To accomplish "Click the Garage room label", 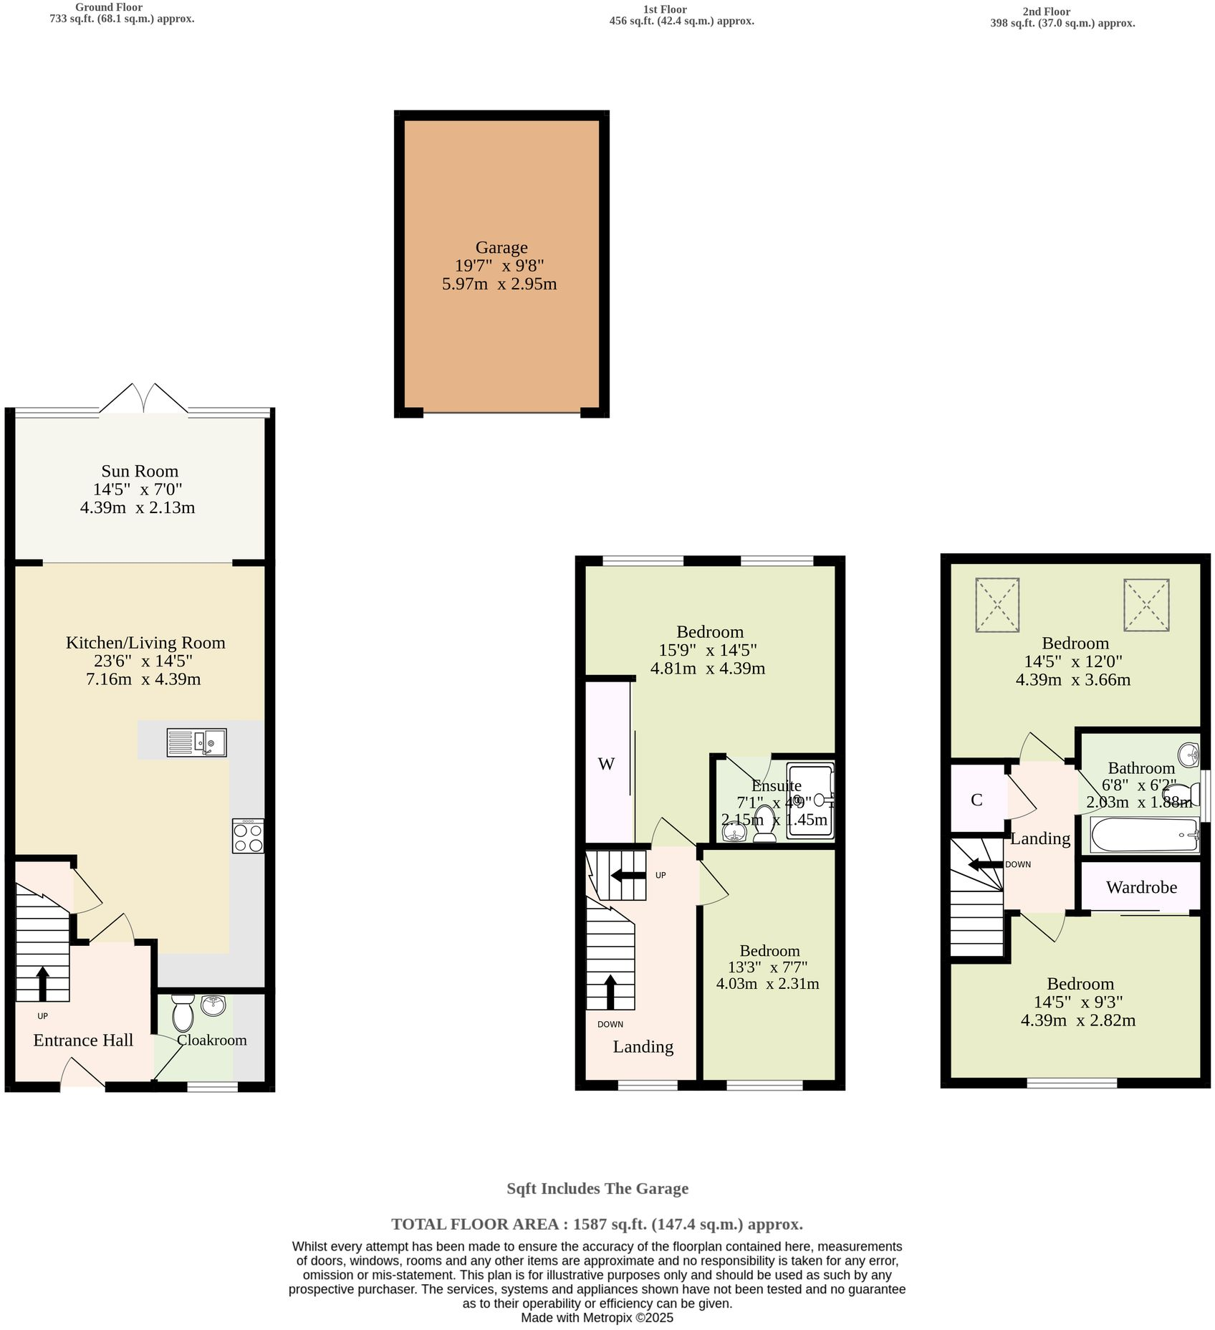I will click(x=501, y=248).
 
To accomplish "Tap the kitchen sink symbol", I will click(x=196, y=742).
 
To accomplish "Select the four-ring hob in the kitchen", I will click(x=248, y=836).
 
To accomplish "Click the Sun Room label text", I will click(x=140, y=472).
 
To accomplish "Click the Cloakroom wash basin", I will click(x=213, y=1005).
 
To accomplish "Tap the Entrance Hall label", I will click(x=83, y=1040).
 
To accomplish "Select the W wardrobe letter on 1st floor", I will click(x=606, y=764).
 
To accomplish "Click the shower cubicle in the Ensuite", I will click(x=811, y=800).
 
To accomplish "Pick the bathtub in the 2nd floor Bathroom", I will click(x=1144, y=836).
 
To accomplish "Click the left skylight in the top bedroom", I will click(x=997, y=606).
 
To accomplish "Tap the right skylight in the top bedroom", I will click(x=1146, y=606).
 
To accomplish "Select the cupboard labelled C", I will click(x=976, y=800).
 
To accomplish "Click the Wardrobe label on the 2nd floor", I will click(x=1141, y=888).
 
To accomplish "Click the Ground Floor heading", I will click(x=109, y=7).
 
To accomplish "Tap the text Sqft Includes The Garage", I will click(x=597, y=1189).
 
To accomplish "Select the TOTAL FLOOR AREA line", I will click(x=597, y=1224).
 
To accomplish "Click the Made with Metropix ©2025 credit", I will click(x=597, y=1318).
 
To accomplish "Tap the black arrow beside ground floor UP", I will click(x=42, y=983).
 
